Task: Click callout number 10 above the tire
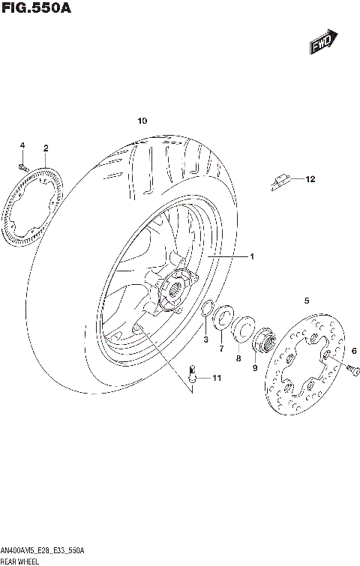click(x=142, y=121)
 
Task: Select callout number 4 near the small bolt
click(x=22, y=145)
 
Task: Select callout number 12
click(x=310, y=179)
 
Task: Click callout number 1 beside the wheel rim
click(x=252, y=257)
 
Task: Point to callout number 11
click(x=217, y=378)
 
